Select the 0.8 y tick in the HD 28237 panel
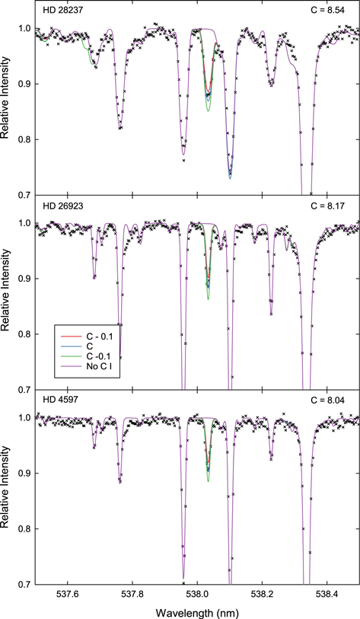[23, 139]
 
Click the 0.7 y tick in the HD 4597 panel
[23, 584]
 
